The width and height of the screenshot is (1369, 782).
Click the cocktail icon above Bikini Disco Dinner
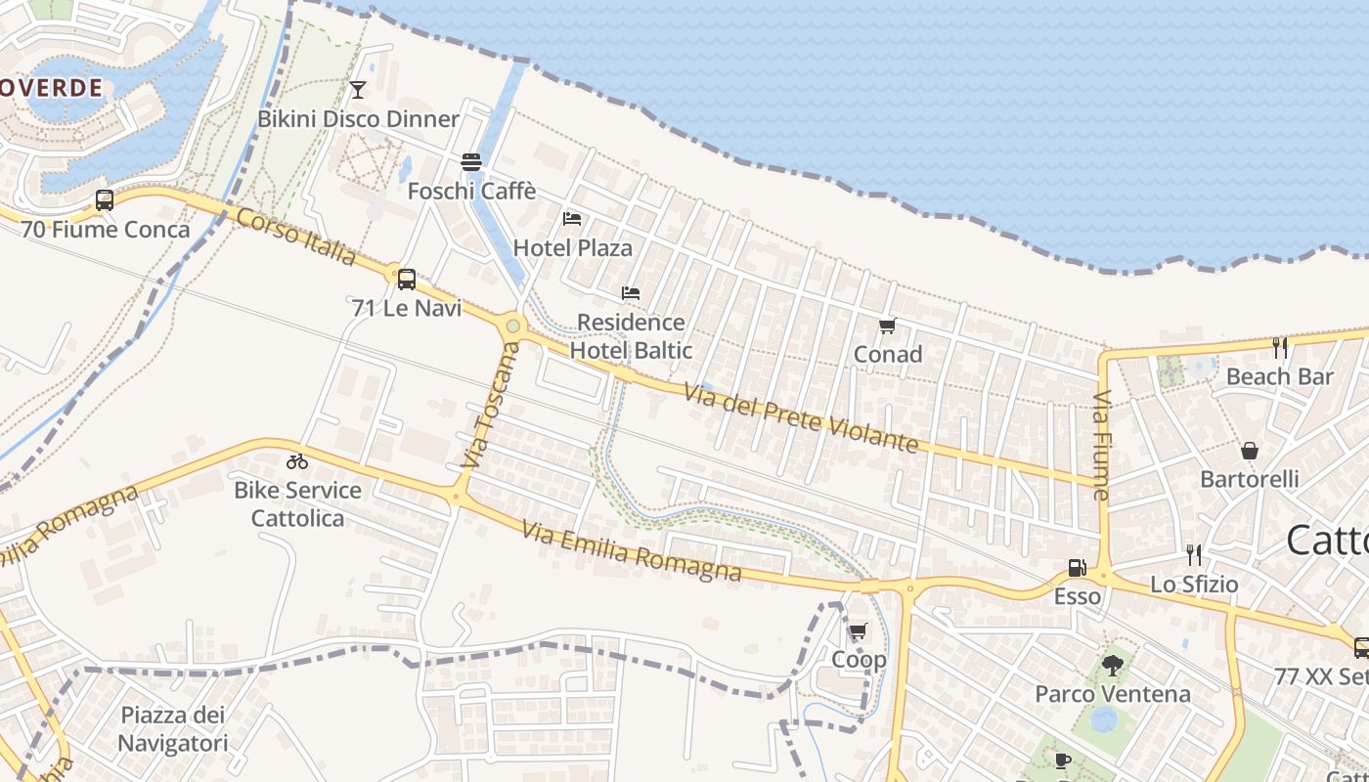coord(358,90)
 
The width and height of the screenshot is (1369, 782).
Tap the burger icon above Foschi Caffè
coord(471,161)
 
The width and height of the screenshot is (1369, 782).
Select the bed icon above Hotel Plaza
coord(572,219)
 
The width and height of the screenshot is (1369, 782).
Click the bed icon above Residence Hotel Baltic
coord(631,293)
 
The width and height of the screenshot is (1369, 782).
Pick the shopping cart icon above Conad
coord(887,326)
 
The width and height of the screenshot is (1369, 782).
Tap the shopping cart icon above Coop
coord(858,631)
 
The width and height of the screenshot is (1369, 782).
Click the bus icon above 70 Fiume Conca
coord(105,200)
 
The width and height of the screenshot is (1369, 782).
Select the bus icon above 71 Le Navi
coord(407,279)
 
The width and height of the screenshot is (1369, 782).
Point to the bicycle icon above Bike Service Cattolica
coord(297,461)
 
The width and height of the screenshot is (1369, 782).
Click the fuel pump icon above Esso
coord(1077,568)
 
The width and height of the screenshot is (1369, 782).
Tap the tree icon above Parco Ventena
coord(1112,666)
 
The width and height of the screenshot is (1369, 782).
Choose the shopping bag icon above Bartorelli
coord(1249,451)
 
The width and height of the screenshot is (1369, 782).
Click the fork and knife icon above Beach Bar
coord(1279,347)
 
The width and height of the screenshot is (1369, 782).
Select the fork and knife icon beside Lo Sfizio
coord(1193,555)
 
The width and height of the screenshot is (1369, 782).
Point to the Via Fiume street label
coord(1102,445)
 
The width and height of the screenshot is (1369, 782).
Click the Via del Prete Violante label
coord(801,417)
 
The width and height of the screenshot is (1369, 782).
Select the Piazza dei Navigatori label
coord(172,729)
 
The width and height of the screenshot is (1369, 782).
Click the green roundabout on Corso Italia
coord(512,326)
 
